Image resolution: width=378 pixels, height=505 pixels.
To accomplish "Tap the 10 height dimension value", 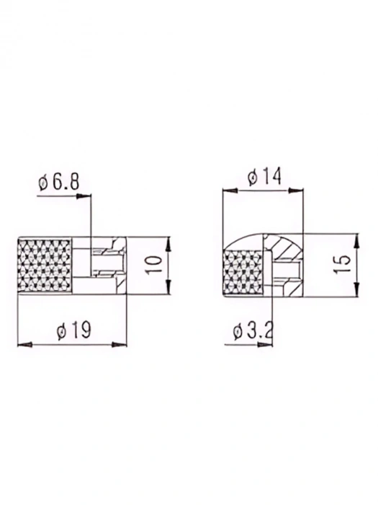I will [151, 265].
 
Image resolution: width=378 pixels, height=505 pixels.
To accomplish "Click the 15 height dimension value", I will [343, 265].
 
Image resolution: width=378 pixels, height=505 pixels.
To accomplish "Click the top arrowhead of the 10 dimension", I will [166, 243].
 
